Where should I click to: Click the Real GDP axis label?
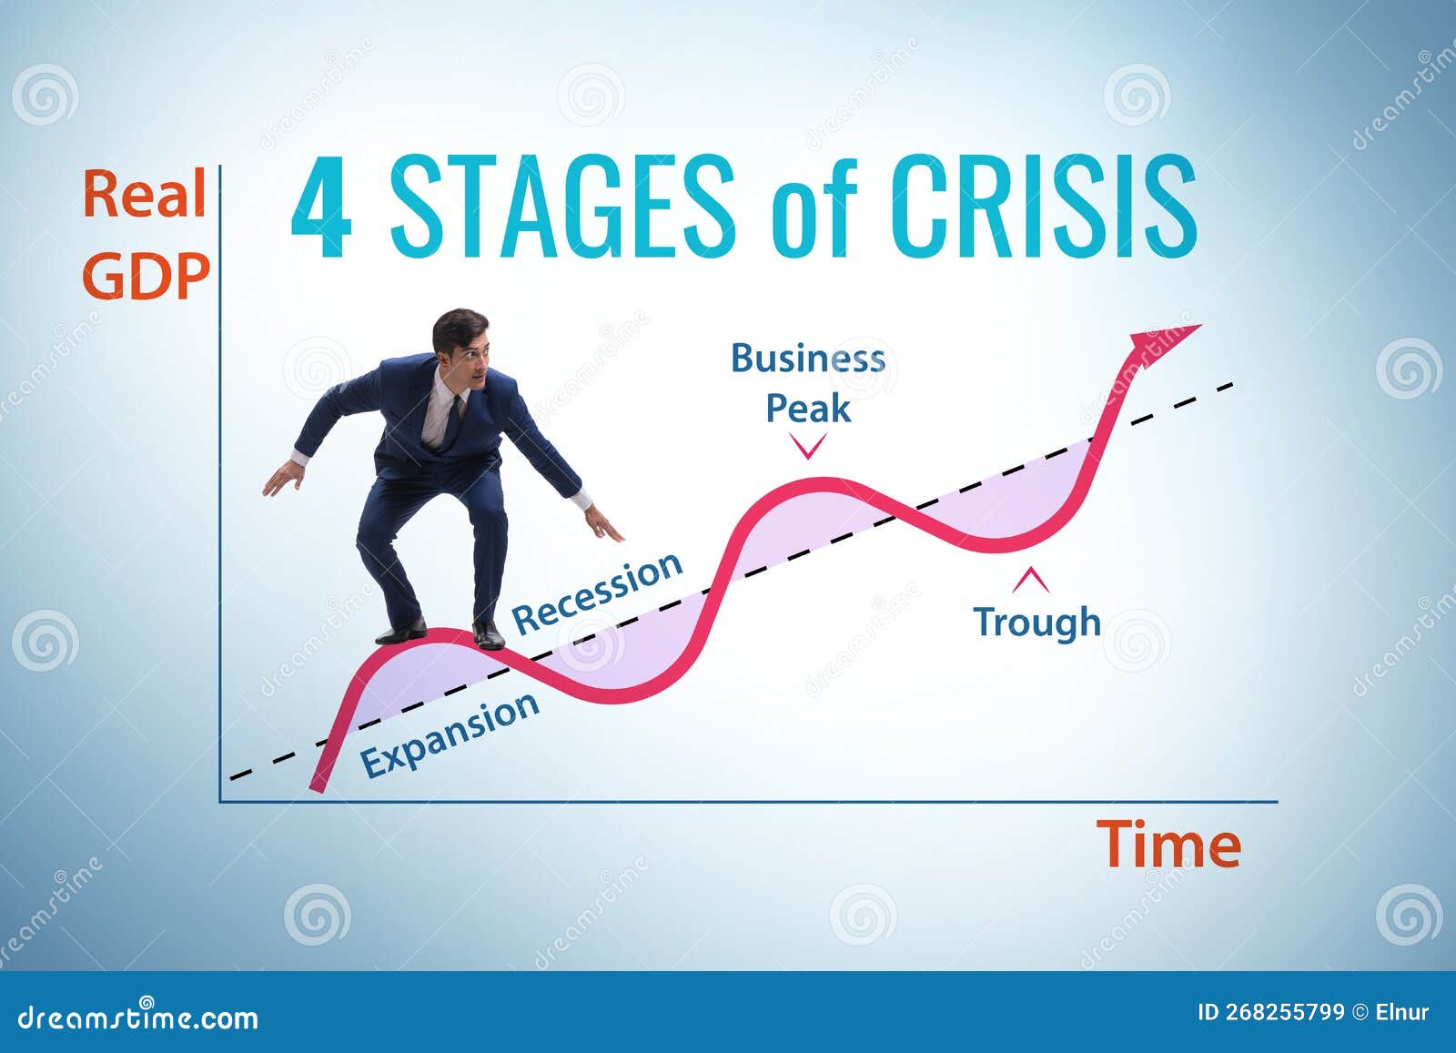pyautogui.click(x=146, y=235)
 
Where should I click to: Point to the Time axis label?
pyautogui.click(x=1168, y=845)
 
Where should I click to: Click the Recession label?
pyautogui.click(x=597, y=592)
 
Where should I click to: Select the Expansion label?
pyautogui.click(x=450, y=734)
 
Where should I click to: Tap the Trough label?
pyautogui.click(x=1037, y=622)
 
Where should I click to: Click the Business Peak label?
pyautogui.click(x=808, y=383)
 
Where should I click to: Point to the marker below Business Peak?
pyautogui.click(x=808, y=446)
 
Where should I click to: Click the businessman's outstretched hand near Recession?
pyautogui.click(x=602, y=525)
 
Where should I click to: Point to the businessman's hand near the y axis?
pyautogui.click(x=282, y=477)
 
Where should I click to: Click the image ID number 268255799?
pyautogui.click(x=1270, y=1012)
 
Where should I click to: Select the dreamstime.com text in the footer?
pyautogui.click(x=137, y=1017)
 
